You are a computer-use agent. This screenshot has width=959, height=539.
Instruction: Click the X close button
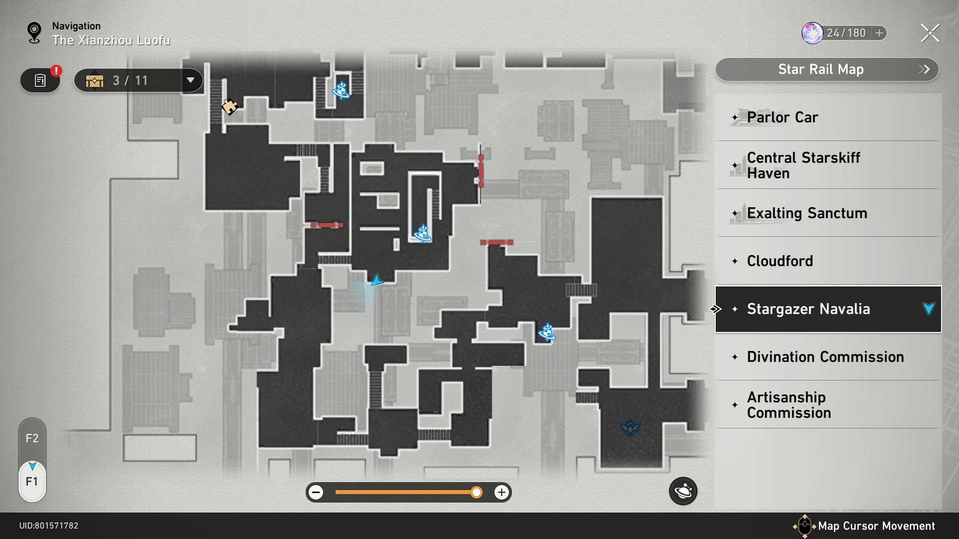930,33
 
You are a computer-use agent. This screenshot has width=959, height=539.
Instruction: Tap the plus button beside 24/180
879,33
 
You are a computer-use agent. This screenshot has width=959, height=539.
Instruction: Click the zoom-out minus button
316,493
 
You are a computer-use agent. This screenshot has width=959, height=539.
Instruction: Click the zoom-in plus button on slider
501,493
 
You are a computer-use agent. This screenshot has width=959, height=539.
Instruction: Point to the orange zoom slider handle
477,493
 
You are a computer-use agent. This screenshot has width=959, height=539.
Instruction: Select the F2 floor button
32,438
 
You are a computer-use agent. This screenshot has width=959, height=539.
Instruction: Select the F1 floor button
32,481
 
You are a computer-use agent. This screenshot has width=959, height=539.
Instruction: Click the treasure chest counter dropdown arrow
190,80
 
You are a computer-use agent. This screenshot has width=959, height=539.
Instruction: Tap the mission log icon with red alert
40,80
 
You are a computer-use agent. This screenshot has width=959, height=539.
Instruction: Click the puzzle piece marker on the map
229,106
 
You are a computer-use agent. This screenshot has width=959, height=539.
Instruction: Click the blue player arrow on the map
377,281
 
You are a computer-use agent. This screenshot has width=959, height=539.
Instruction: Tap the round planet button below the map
683,492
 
